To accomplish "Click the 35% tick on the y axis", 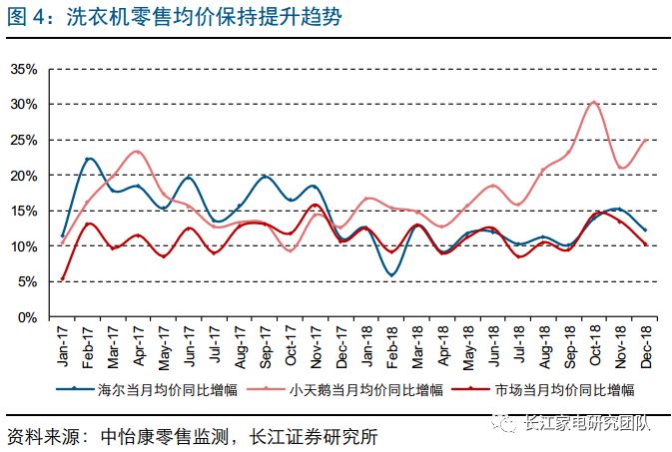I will [24, 69].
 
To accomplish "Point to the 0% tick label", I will [27, 316].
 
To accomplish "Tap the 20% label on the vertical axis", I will [24, 176].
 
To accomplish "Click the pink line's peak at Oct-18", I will [593, 102].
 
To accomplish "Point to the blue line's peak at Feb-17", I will [89, 159].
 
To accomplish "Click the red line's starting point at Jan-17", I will [63, 279].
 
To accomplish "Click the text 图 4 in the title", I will [24, 16].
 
